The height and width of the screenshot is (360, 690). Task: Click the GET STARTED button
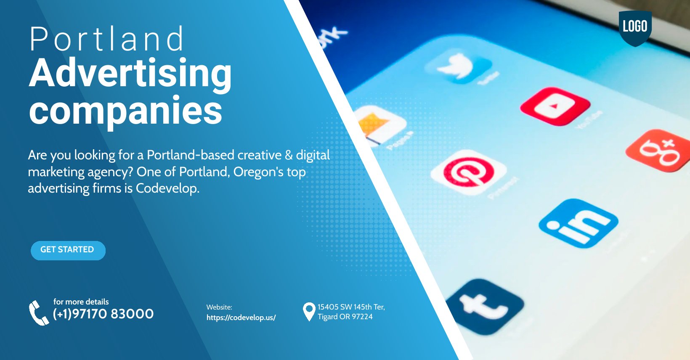(x=68, y=250)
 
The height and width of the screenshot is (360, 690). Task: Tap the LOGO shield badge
(x=635, y=27)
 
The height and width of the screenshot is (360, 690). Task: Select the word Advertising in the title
(x=130, y=74)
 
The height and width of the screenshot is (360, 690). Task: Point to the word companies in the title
(x=125, y=111)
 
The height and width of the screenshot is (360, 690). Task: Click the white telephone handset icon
(x=38, y=313)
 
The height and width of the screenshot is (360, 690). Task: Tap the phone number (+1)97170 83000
(x=103, y=314)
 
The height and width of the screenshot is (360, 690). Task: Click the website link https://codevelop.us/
(x=241, y=318)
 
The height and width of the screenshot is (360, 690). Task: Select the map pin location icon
(x=309, y=312)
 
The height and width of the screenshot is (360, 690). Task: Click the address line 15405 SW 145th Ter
(x=351, y=307)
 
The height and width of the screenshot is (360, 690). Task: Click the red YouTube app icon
(x=555, y=106)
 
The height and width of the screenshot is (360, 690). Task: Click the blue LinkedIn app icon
(x=578, y=223)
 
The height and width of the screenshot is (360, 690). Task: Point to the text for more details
(x=81, y=302)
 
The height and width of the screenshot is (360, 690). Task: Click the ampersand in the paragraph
(x=289, y=155)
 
